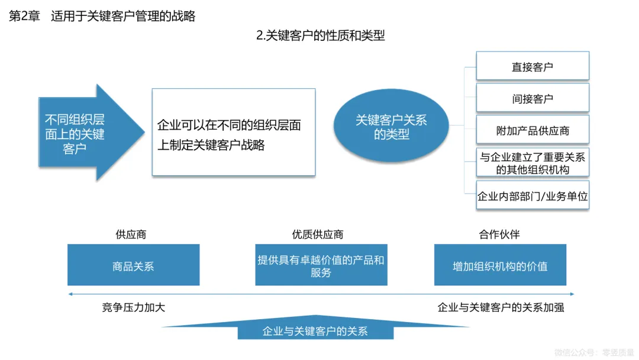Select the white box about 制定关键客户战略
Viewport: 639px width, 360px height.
233,133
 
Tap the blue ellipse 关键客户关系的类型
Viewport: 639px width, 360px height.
391,127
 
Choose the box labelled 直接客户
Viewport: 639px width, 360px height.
532,66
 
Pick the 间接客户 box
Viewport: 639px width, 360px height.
532,98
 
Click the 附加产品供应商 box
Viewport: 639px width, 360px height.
532,130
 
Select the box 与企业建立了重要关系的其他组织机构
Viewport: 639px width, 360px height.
532,163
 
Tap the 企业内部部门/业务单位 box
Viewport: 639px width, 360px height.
532,196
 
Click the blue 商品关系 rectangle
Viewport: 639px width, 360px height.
133,266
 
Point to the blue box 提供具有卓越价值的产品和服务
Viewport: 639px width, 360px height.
321,266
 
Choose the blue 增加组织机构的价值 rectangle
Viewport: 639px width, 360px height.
500,266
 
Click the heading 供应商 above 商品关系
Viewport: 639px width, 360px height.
131,234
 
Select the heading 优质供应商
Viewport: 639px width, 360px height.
318,234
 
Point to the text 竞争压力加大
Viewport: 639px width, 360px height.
134,307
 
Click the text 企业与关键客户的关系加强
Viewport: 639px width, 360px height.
501,307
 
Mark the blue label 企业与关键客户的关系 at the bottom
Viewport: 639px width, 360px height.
315,331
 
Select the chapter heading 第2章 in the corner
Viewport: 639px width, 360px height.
24,17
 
